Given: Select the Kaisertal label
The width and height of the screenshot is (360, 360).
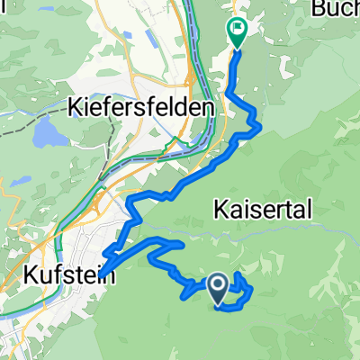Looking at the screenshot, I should click(x=264, y=210).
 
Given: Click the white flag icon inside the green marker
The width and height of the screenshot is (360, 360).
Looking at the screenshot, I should click(x=237, y=28).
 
